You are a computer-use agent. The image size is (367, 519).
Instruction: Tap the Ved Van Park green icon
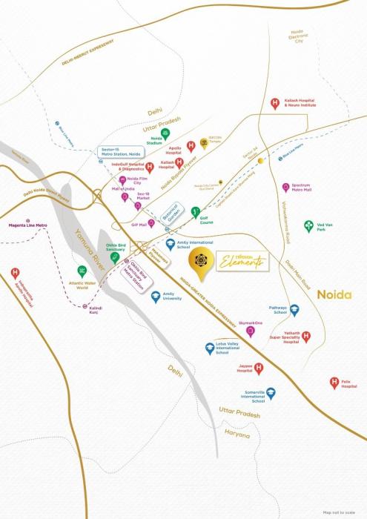(308, 226)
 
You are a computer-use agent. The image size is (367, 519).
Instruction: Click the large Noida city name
(334, 294)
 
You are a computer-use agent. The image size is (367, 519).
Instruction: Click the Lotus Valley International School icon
(211, 348)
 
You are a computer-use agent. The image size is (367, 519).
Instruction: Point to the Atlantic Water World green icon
(82, 272)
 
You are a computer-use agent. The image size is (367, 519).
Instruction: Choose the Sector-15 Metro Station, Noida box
(120, 151)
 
